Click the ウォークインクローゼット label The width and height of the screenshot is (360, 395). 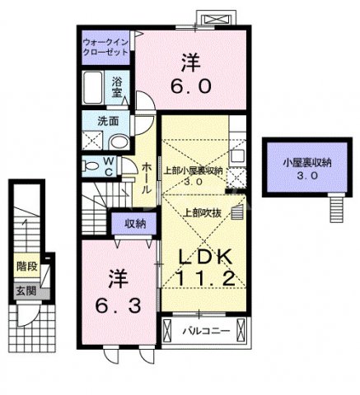105,46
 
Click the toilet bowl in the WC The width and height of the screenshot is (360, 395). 91,165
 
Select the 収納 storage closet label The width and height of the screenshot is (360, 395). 135,223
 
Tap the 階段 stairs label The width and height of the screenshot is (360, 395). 27,266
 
